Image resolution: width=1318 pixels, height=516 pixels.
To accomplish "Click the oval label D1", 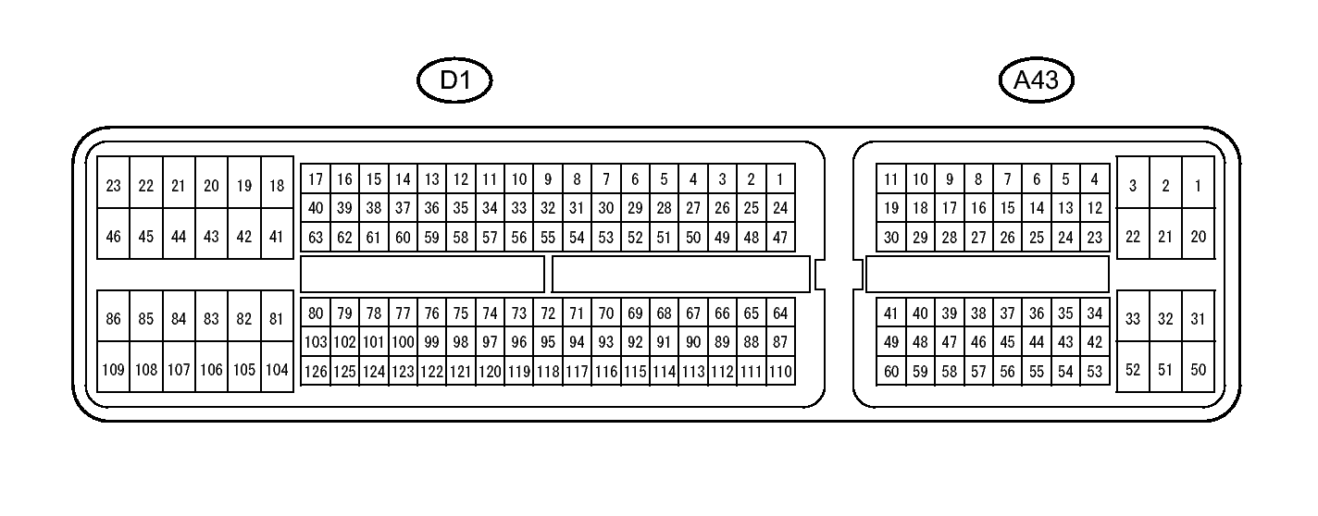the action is [x=454, y=80].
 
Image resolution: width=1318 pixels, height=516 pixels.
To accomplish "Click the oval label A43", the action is [x=1036, y=80].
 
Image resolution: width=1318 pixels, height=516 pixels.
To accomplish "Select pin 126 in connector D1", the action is [x=316, y=372].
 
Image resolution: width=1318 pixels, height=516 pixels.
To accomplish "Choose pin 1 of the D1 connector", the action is [x=780, y=178].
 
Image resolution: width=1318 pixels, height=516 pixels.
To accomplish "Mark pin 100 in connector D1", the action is [x=403, y=342].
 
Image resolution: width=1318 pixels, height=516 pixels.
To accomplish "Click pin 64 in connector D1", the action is [x=780, y=313].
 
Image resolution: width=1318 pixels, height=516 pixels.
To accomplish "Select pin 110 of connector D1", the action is [x=780, y=372].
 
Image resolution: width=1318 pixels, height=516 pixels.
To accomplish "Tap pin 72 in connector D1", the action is [x=548, y=313].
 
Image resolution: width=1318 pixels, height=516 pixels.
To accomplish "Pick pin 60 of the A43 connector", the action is [x=890, y=372].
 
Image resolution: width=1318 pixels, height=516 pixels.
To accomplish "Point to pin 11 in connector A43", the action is [x=890, y=178].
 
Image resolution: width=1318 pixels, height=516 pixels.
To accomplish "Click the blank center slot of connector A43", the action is [x=988, y=274].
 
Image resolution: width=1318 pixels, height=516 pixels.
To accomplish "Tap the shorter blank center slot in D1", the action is [x=422, y=274].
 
